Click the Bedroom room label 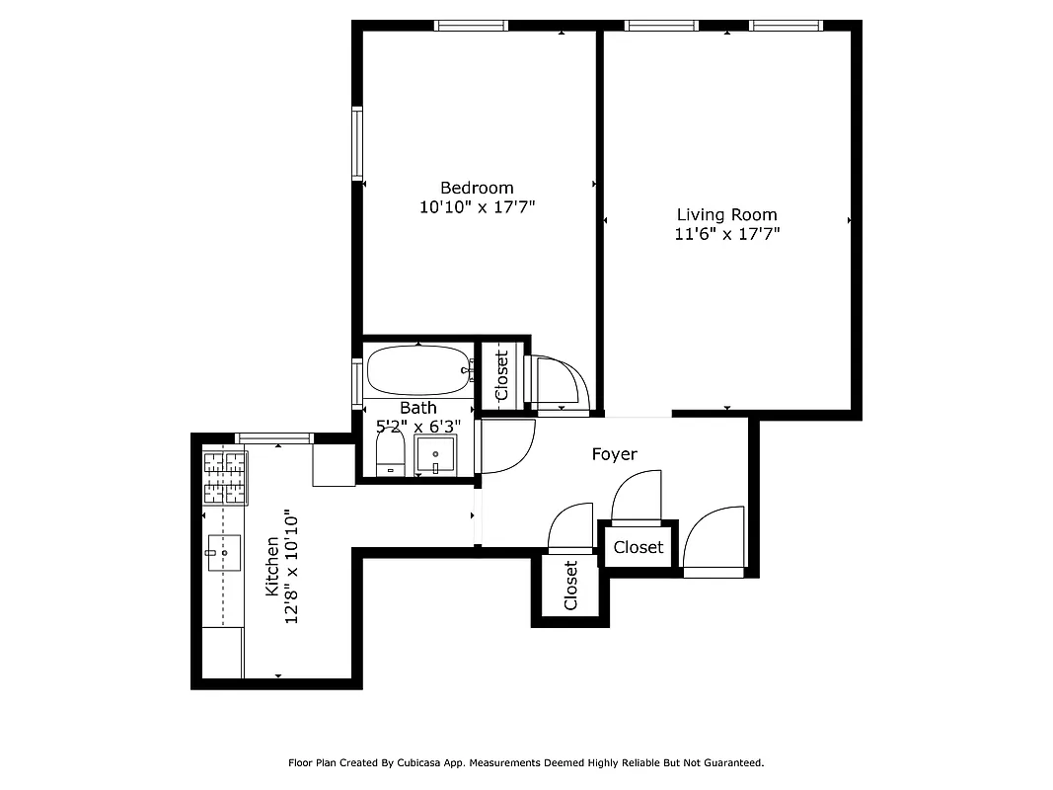pos(477,188)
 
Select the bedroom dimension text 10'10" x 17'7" pos(477,207)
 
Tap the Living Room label pos(726,214)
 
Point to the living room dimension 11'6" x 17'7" pos(726,234)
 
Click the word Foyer pos(614,454)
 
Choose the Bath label pos(417,408)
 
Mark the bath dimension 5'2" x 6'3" pos(418,427)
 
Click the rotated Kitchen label pos(271,566)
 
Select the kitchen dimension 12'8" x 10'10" pos(290,566)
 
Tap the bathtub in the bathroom pos(417,371)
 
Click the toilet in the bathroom pos(391,457)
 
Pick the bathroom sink pos(434,456)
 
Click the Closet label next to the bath pos(501,375)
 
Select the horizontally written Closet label pos(639,547)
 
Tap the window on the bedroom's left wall pos(357,143)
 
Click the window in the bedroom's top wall pos(472,26)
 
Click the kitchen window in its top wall pos(274,437)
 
